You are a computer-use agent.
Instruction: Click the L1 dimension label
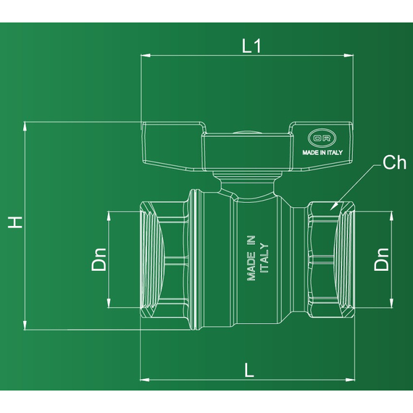coord(251,45)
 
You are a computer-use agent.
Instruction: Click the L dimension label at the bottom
coord(249,370)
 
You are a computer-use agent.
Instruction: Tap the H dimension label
coord(14,222)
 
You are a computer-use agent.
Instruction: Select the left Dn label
coord(99,259)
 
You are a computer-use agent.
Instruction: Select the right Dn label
coord(381,259)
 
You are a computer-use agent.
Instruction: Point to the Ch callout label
coord(394,163)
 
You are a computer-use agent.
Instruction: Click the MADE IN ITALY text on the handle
coord(322,152)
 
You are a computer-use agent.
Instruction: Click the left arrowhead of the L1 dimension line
coord(143,54)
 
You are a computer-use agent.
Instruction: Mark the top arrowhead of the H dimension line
coord(27,125)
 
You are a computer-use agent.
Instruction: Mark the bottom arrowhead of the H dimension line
coord(27,327)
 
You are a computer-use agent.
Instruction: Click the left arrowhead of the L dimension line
coord(143,379)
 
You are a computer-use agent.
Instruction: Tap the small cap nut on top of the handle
coord(246,133)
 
